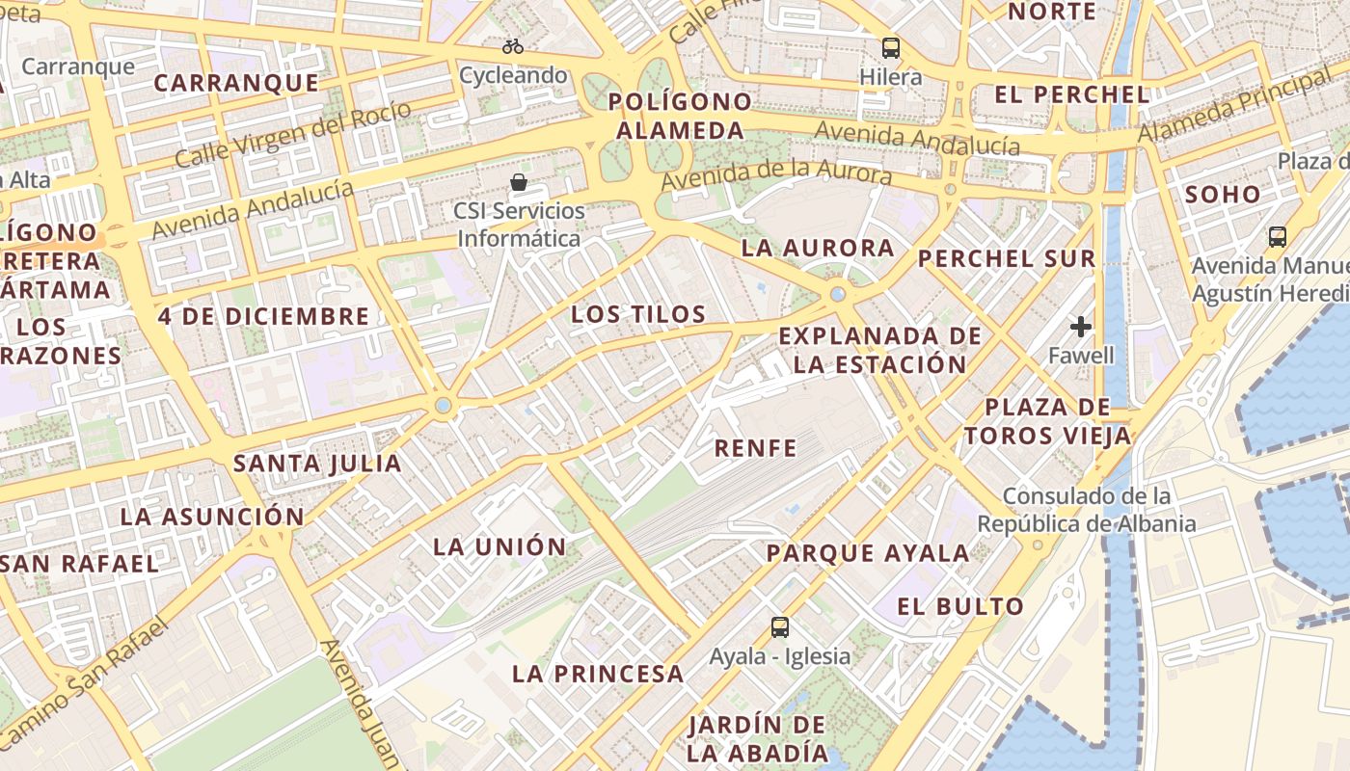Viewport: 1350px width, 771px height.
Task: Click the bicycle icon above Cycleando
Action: tap(513, 46)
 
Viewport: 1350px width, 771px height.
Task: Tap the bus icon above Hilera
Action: tap(891, 48)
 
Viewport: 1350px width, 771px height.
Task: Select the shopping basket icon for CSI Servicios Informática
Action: tap(519, 182)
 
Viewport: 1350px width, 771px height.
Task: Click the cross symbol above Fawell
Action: tap(1081, 327)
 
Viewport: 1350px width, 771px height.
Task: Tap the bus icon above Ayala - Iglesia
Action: tap(780, 627)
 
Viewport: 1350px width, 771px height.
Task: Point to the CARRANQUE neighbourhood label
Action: tap(236, 83)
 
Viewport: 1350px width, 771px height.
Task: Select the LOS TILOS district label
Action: tap(638, 314)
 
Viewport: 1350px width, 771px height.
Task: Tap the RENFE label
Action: tap(756, 448)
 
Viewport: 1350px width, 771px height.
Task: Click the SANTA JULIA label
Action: tap(317, 464)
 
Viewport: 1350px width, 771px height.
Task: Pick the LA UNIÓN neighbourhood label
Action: tap(499, 547)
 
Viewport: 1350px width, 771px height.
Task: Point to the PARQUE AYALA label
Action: tap(868, 553)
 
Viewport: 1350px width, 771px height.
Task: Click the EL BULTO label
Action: tap(960, 606)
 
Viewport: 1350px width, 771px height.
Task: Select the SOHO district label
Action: tap(1223, 195)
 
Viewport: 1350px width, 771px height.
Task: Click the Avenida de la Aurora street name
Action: tap(776, 173)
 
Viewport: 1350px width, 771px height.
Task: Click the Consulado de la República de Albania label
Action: tap(1087, 510)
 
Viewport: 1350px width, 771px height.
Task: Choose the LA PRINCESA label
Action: tap(598, 674)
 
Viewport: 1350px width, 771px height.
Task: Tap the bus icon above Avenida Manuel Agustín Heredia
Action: tap(1278, 236)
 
